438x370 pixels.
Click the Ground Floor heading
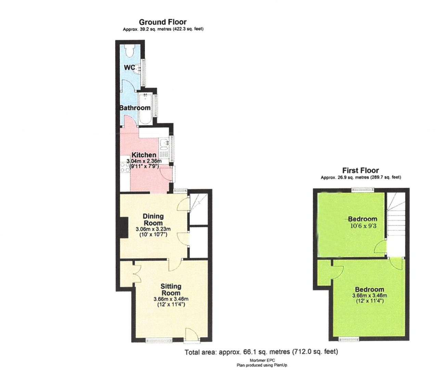coord(163,22)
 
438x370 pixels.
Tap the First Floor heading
coord(360,170)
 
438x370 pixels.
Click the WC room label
coord(129,67)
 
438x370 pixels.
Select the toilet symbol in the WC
coord(129,51)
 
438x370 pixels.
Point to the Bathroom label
coord(135,108)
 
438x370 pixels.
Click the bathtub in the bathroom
coord(146,109)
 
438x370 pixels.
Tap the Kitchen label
coord(144,155)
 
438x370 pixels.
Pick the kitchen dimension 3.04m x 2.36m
coord(144,161)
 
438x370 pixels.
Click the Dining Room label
coord(153,219)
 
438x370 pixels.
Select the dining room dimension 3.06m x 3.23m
coord(153,229)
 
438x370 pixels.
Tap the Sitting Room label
coord(171,289)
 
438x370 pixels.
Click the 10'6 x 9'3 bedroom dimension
coord(363,226)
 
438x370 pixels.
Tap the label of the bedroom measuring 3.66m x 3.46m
coord(369,289)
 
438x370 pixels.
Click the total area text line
coord(261,351)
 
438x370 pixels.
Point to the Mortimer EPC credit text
coord(262,360)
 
